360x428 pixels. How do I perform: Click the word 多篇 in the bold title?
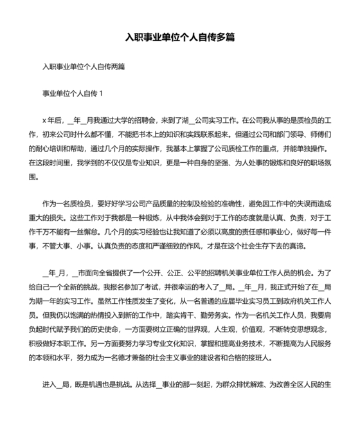[x=224, y=37]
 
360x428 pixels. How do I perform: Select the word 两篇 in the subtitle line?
[x=118, y=66]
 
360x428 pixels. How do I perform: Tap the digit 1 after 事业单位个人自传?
[x=102, y=93]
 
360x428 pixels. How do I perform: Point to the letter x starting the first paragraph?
[x=44, y=120]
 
